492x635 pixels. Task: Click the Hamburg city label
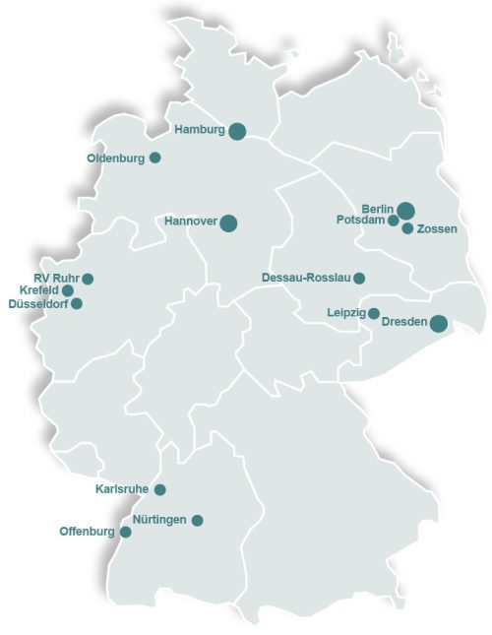(201, 130)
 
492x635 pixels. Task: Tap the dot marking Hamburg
(237, 131)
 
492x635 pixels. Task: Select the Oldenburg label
(116, 158)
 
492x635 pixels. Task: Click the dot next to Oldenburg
(154, 158)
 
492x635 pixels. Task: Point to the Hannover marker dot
(228, 222)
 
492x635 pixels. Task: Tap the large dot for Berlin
(405, 210)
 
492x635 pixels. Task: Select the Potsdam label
(360, 221)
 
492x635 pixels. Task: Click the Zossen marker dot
(407, 228)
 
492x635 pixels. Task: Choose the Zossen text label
(436, 229)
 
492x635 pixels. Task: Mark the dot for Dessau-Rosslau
(359, 279)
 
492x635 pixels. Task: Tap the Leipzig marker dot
(374, 314)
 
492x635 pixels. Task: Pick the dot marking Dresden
(439, 323)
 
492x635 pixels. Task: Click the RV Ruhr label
(56, 279)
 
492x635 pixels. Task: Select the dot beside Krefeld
(68, 291)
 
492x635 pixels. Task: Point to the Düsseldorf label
(38, 304)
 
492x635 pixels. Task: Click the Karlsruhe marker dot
(160, 489)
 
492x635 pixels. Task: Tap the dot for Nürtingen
(197, 520)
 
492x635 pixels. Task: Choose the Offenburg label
(88, 533)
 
